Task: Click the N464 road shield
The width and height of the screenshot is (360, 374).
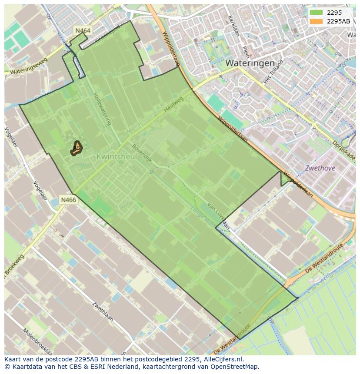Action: click(x=83, y=30)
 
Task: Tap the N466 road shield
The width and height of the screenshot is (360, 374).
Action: click(x=68, y=200)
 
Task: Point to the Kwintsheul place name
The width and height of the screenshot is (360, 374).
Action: click(x=117, y=156)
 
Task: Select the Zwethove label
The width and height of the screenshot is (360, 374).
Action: click(x=320, y=168)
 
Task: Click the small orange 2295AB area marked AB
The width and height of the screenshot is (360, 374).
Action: click(x=77, y=148)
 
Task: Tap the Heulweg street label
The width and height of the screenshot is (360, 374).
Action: click(x=174, y=105)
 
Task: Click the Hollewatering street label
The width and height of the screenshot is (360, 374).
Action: click(x=102, y=109)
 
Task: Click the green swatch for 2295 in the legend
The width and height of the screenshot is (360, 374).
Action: click(x=316, y=13)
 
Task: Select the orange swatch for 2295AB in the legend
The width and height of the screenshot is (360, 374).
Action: click(x=316, y=21)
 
